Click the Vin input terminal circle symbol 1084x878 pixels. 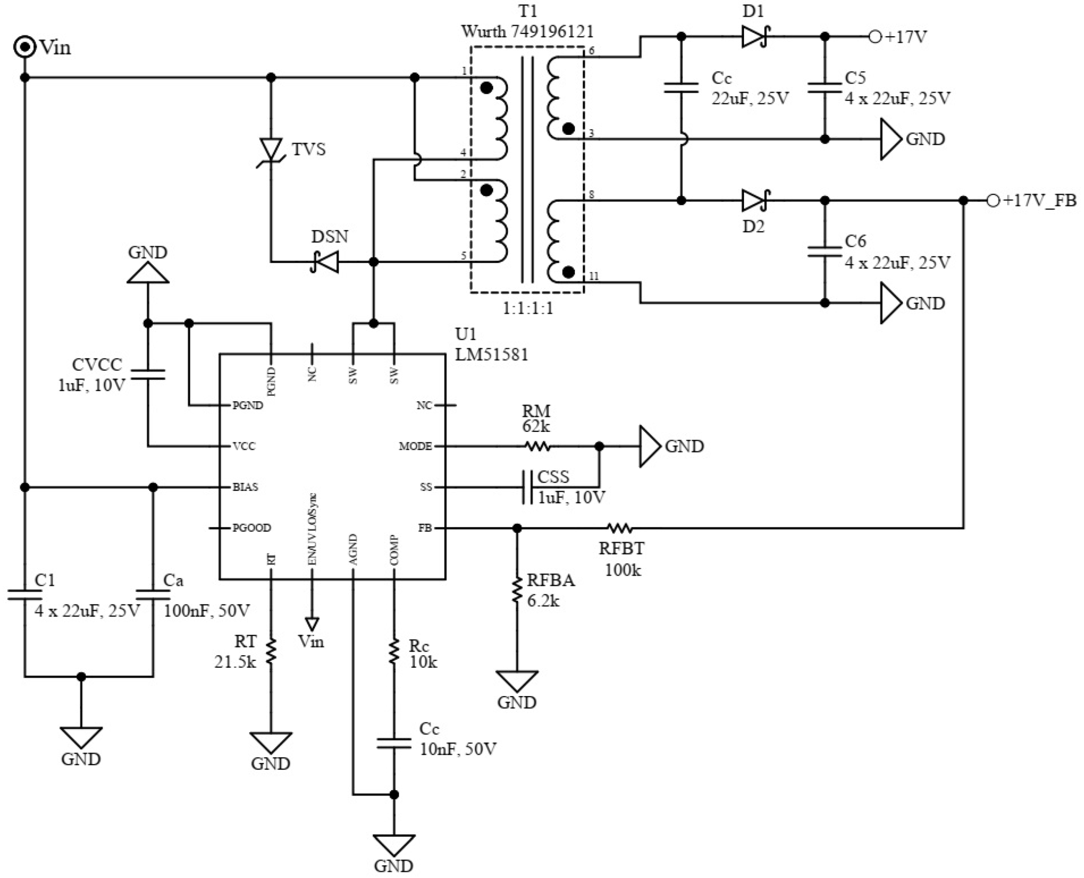coord(24,47)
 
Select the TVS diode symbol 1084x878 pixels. coord(271,150)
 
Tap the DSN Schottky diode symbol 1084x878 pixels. coord(325,262)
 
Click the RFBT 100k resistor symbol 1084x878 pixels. coord(619,528)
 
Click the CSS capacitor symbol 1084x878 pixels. coord(527,487)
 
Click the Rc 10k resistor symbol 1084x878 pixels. coord(394,652)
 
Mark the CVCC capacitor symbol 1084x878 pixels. coord(148,374)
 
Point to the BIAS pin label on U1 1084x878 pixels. coord(245,487)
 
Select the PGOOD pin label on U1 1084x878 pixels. coord(251,528)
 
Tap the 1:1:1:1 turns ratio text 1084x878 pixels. coord(527,308)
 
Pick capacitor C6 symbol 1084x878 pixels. coord(824,251)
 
